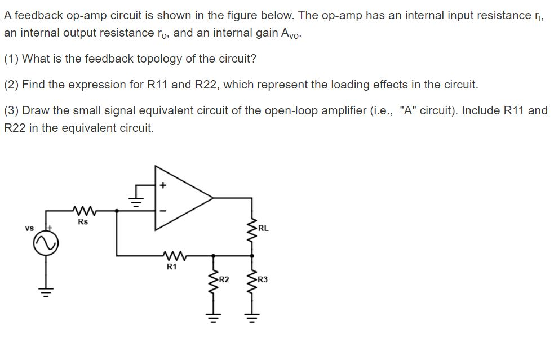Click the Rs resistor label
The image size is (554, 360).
coord(83,221)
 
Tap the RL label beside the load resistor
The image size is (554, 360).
coord(263,229)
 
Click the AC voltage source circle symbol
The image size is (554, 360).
coord(46,244)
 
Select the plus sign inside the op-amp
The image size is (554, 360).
coord(164,184)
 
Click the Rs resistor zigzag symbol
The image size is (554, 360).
coord(83,211)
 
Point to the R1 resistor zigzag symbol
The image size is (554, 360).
coord(172,256)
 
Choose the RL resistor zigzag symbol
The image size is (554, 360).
coord(251,228)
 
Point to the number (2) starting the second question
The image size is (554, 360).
coord(11,85)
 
